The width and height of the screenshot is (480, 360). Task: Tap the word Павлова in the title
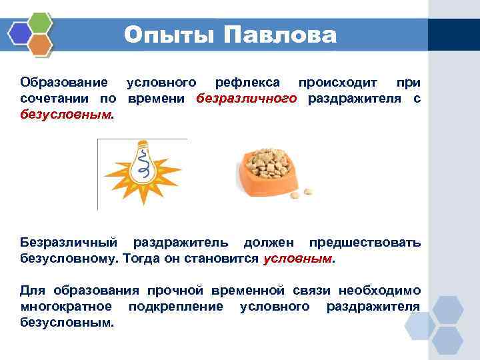(280, 35)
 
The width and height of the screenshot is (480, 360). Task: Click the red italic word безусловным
(65, 115)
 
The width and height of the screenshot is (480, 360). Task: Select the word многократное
(66, 307)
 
